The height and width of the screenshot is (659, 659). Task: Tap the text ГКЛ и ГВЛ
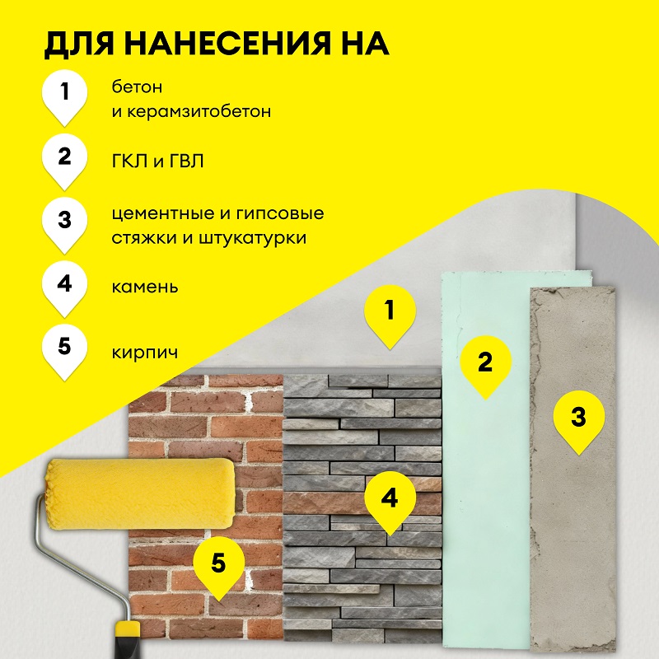158,161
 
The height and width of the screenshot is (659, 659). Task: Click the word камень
145,287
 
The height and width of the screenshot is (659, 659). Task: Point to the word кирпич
145,353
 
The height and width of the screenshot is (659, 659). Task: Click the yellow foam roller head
139,493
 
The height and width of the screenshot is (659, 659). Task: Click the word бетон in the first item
137,87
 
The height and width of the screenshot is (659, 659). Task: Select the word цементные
164,214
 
